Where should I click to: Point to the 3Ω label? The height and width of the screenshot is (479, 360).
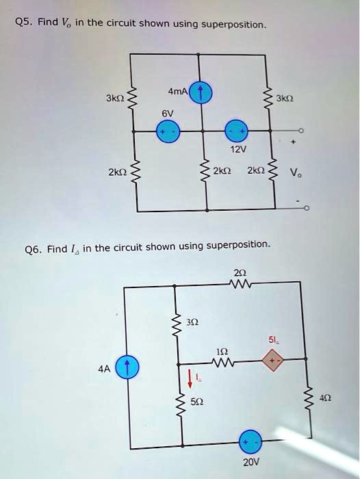pos(194,322)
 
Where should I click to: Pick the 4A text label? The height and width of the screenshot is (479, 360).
pos(103,367)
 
